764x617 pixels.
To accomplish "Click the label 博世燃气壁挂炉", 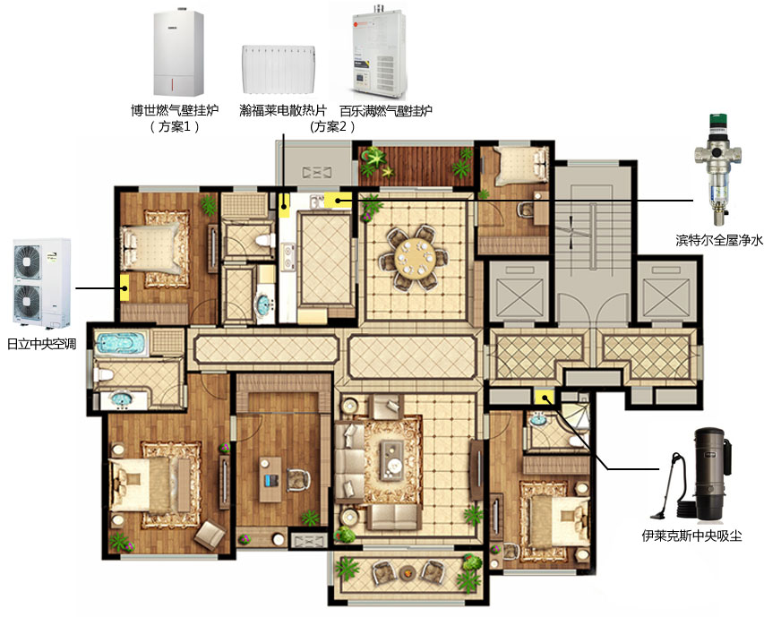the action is (175, 110).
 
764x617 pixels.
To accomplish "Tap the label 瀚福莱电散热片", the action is (283, 110).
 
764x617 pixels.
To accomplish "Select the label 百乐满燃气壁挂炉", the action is (386, 110).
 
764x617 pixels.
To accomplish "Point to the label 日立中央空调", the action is (42, 344).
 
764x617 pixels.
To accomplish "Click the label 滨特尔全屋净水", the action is (719, 240).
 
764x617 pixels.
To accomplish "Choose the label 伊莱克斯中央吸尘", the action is (691, 536).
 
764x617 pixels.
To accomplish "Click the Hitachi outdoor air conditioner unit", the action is (42, 283).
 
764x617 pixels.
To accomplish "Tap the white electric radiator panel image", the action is (279, 69).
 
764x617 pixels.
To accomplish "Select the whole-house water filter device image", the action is (718, 169).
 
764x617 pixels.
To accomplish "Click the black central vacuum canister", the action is (711, 474).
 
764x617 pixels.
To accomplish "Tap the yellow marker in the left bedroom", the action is (124, 287).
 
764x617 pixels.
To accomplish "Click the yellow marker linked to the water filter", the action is (337, 200).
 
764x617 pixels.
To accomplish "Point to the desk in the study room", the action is (270, 480).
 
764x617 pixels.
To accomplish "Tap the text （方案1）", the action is (175, 126).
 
